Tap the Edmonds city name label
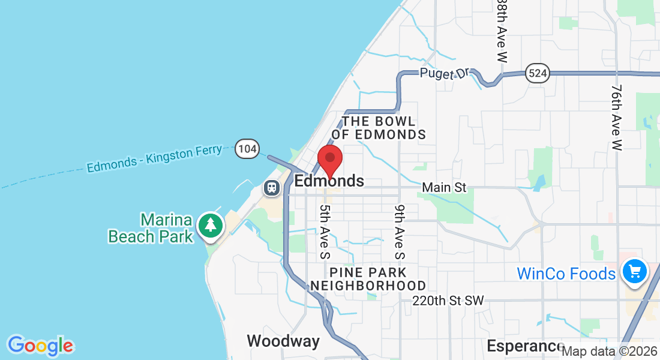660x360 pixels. tap(329, 181)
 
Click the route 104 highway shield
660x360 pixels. tap(247, 148)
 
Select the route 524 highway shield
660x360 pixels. tap(537, 73)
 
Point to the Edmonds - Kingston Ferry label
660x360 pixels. tap(154, 158)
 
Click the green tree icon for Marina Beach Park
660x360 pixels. tap(211, 226)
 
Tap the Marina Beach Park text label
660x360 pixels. tap(151, 228)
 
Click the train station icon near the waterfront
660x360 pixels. tap(272, 188)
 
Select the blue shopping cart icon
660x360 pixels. tap(634, 271)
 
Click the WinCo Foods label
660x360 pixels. tap(566, 274)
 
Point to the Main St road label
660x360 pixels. tap(444, 188)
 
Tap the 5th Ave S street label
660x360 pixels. tap(325, 232)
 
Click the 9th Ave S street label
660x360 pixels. tap(400, 232)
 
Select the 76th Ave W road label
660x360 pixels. tap(617, 117)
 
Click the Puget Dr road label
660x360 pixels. tap(444, 73)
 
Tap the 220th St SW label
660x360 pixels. tap(448, 300)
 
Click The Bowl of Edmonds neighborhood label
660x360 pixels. tap(379, 128)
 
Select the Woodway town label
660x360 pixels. tap(283, 341)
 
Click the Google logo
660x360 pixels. tap(40, 346)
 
